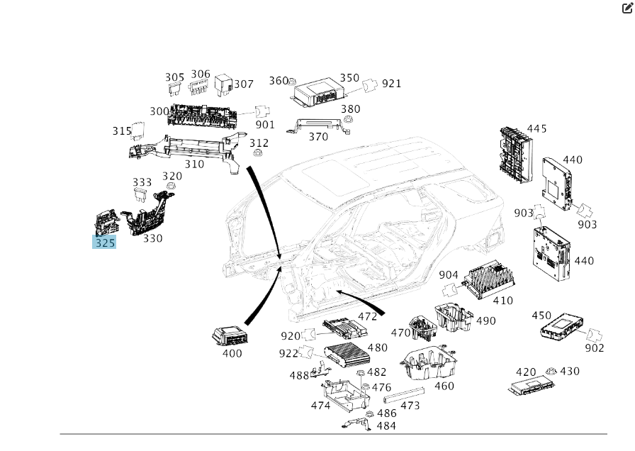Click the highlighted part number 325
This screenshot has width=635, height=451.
[x=104, y=243]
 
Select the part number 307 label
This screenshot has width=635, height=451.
[x=244, y=84]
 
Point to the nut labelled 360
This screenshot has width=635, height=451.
[x=295, y=82]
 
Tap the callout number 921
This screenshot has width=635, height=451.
[x=392, y=84]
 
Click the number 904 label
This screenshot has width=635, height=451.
[x=449, y=275]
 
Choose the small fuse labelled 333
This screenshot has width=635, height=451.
[x=142, y=195]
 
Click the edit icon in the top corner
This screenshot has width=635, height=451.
[x=627, y=9]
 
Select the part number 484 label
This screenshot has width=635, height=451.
[x=386, y=426]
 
